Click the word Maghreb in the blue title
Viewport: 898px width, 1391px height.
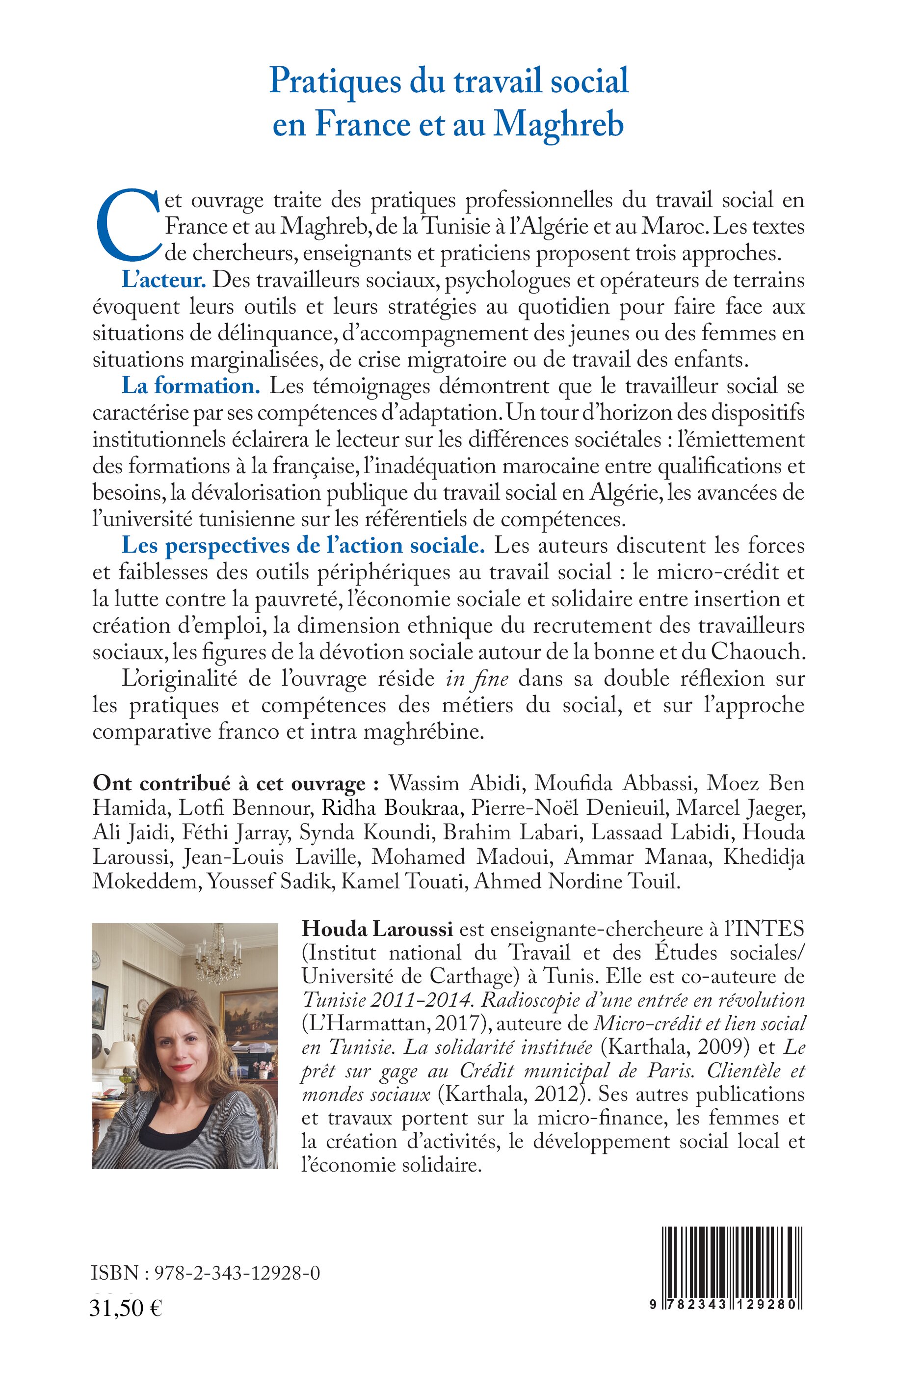pyautogui.click(x=558, y=124)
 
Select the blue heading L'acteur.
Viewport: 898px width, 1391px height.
pyautogui.click(x=164, y=280)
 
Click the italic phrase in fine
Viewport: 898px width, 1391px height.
pyautogui.click(x=477, y=679)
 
